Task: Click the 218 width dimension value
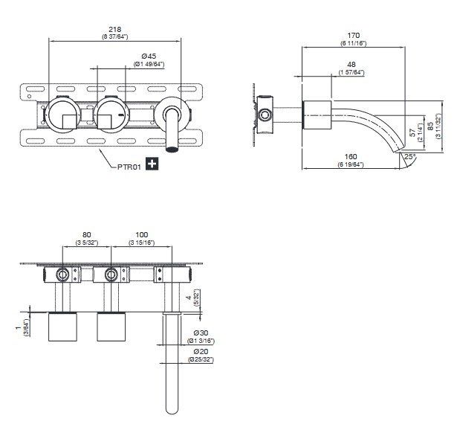(115, 29)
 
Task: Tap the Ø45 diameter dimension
(149, 56)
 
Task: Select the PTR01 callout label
(129, 167)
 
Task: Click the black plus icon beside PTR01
(152, 164)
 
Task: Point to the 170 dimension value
(353, 35)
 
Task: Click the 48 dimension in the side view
(351, 64)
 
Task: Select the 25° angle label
(409, 156)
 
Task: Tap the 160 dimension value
(350, 156)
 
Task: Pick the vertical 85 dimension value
(430, 126)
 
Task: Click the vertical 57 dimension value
(412, 133)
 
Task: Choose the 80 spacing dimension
(86, 234)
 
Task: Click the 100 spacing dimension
(142, 234)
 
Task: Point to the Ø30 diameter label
(201, 333)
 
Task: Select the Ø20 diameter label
(201, 351)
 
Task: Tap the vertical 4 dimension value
(189, 298)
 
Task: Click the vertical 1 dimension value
(19, 328)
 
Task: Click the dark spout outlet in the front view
(172, 150)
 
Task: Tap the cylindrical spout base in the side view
(318, 115)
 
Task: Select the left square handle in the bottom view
(62, 327)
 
